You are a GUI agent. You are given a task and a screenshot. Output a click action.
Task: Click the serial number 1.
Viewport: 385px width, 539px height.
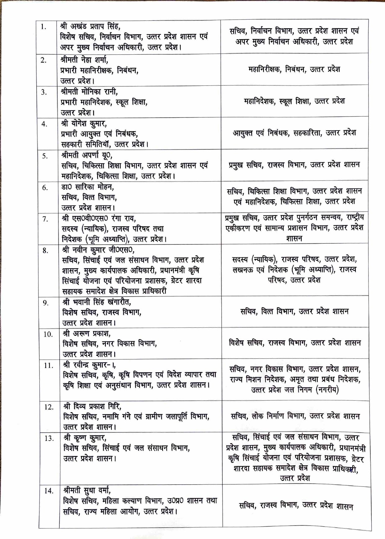coord(43,27)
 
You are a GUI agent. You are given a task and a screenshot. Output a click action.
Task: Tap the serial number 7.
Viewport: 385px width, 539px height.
coord(45,219)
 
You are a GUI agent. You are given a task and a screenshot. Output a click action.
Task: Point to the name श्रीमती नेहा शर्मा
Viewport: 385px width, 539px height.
coord(84,59)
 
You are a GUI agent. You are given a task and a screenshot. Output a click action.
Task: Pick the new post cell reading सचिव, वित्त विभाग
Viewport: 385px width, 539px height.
coord(294,311)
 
